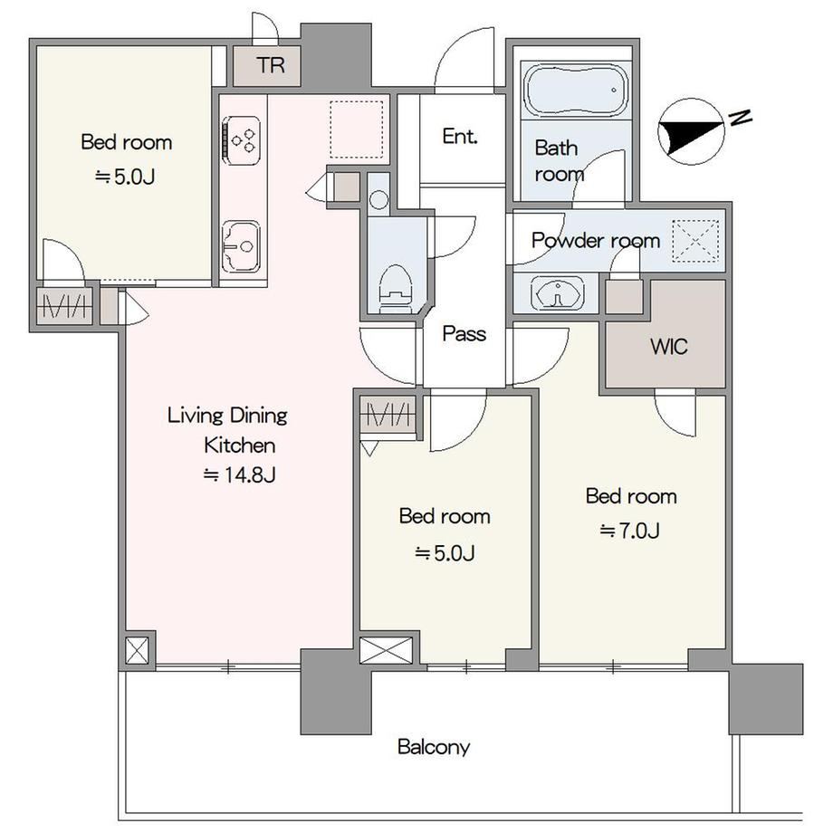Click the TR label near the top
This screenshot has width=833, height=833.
(x=271, y=65)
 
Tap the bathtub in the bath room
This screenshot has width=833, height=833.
(x=576, y=90)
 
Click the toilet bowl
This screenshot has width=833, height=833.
(x=396, y=290)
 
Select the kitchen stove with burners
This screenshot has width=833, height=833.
(x=242, y=140)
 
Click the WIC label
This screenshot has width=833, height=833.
(x=669, y=347)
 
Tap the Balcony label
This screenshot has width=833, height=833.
(x=434, y=747)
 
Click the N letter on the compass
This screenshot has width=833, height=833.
(x=740, y=117)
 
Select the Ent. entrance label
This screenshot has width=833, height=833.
(x=460, y=137)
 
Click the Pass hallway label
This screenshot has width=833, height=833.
(x=464, y=333)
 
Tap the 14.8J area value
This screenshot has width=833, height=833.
(x=240, y=474)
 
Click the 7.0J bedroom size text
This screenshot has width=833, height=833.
(x=630, y=531)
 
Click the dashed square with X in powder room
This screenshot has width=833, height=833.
(x=695, y=241)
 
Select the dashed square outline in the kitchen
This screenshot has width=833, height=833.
(x=357, y=129)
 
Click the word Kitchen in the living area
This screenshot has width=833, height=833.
(x=240, y=445)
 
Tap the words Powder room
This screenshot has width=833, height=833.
(x=596, y=241)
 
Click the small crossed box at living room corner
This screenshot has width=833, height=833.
(x=137, y=650)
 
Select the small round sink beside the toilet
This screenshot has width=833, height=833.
(x=378, y=200)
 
